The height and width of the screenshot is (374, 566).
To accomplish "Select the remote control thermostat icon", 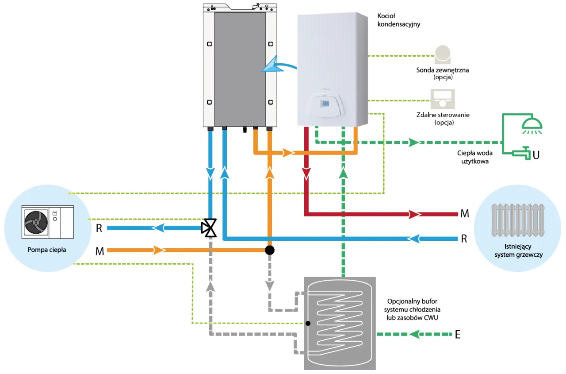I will [x=442, y=99].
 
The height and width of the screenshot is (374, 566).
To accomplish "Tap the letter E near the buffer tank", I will [x=458, y=335].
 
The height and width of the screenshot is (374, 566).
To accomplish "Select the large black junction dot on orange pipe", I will [x=269, y=250].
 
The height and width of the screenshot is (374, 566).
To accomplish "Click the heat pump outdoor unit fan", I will [x=35, y=222].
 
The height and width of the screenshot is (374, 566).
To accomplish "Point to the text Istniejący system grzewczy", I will [x=517, y=251].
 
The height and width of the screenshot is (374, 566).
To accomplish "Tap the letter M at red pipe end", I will [x=465, y=214].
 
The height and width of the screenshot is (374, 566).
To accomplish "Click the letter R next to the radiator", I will [x=464, y=239].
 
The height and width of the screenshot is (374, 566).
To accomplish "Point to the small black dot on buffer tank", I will [x=308, y=323].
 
